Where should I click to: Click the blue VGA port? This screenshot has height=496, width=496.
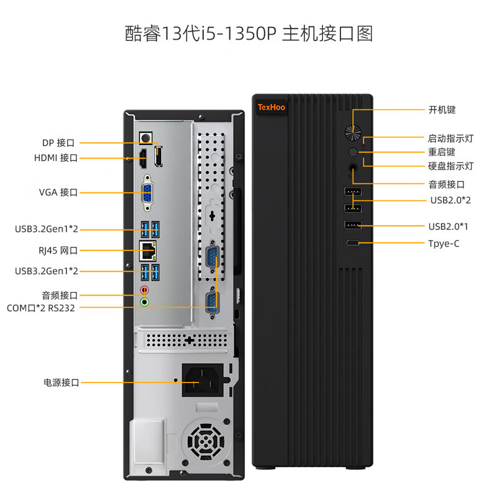coord(149,192)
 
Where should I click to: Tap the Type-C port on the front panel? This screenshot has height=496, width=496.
coord(352,243)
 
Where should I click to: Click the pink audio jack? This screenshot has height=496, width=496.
coord(146,290)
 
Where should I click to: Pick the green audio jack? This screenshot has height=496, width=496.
coord(146,302)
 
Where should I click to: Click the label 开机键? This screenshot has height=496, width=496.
coord(441,110)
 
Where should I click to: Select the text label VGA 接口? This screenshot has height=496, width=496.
coord(58,192)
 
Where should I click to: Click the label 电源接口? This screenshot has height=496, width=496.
coord(61,383)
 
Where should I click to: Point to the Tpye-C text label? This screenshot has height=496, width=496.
coord(444,244)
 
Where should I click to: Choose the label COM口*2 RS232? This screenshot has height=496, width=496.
coord(40,308)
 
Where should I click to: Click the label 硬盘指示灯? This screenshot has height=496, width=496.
coord(450,166)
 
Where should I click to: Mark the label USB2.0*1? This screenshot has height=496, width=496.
coord(448,226)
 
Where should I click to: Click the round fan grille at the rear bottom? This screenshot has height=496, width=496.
coord(205,443)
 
